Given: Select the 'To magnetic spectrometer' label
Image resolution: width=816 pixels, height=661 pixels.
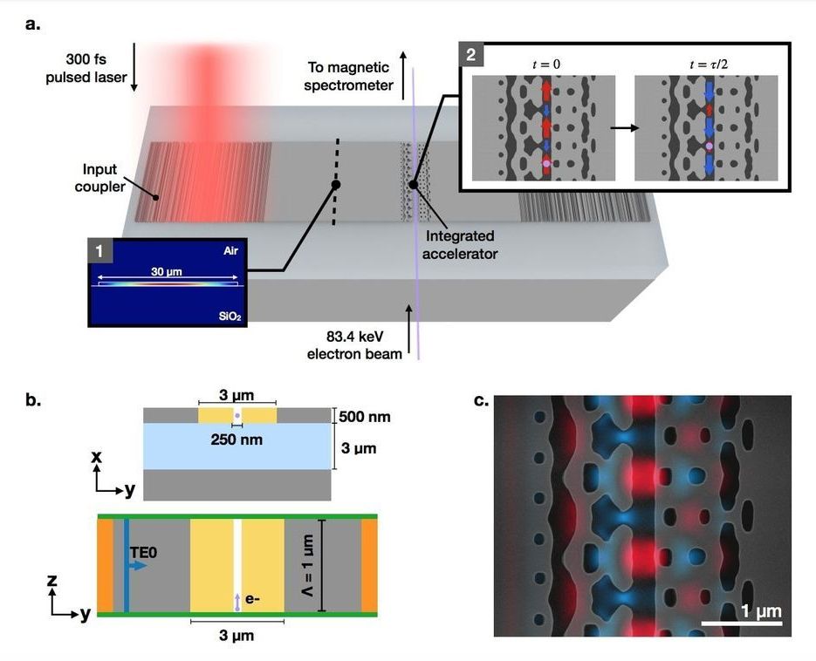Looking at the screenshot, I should tap(350, 77).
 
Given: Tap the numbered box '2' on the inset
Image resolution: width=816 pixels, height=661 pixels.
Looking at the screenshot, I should tap(472, 54).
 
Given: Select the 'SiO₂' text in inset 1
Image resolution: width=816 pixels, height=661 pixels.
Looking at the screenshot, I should tap(229, 315).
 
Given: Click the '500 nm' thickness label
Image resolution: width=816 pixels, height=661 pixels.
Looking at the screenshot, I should tap(366, 417).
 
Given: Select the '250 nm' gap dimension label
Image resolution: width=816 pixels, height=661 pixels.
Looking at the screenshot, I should tap(237, 440).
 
